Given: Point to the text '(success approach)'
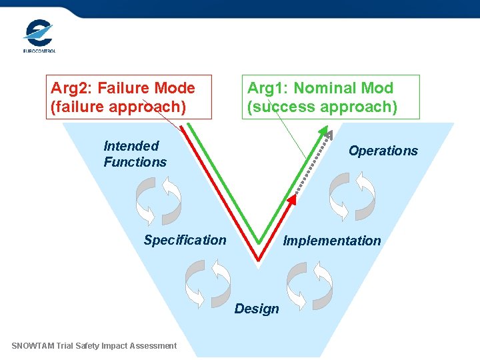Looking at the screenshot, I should pyautogui.click(x=322, y=107).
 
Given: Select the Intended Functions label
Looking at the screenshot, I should pyautogui.click(x=135, y=154).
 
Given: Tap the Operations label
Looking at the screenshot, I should pyautogui.click(x=383, y=151).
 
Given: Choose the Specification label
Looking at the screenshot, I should pyautogui.click(x=185, y=240).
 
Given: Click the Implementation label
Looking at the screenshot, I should pyautogui.click(x=332, y=241).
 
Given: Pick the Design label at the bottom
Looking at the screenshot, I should pyautogui.click(x=257, y=309).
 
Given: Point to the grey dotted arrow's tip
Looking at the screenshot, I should pyautogui.click(x=329, y=135).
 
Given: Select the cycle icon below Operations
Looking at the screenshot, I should pyautogui.click(x=352, y=196).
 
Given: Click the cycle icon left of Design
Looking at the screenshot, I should pyautogui.click(x=207, y=283).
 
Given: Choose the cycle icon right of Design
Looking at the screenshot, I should pyautogui.click(x=309, y=283).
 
